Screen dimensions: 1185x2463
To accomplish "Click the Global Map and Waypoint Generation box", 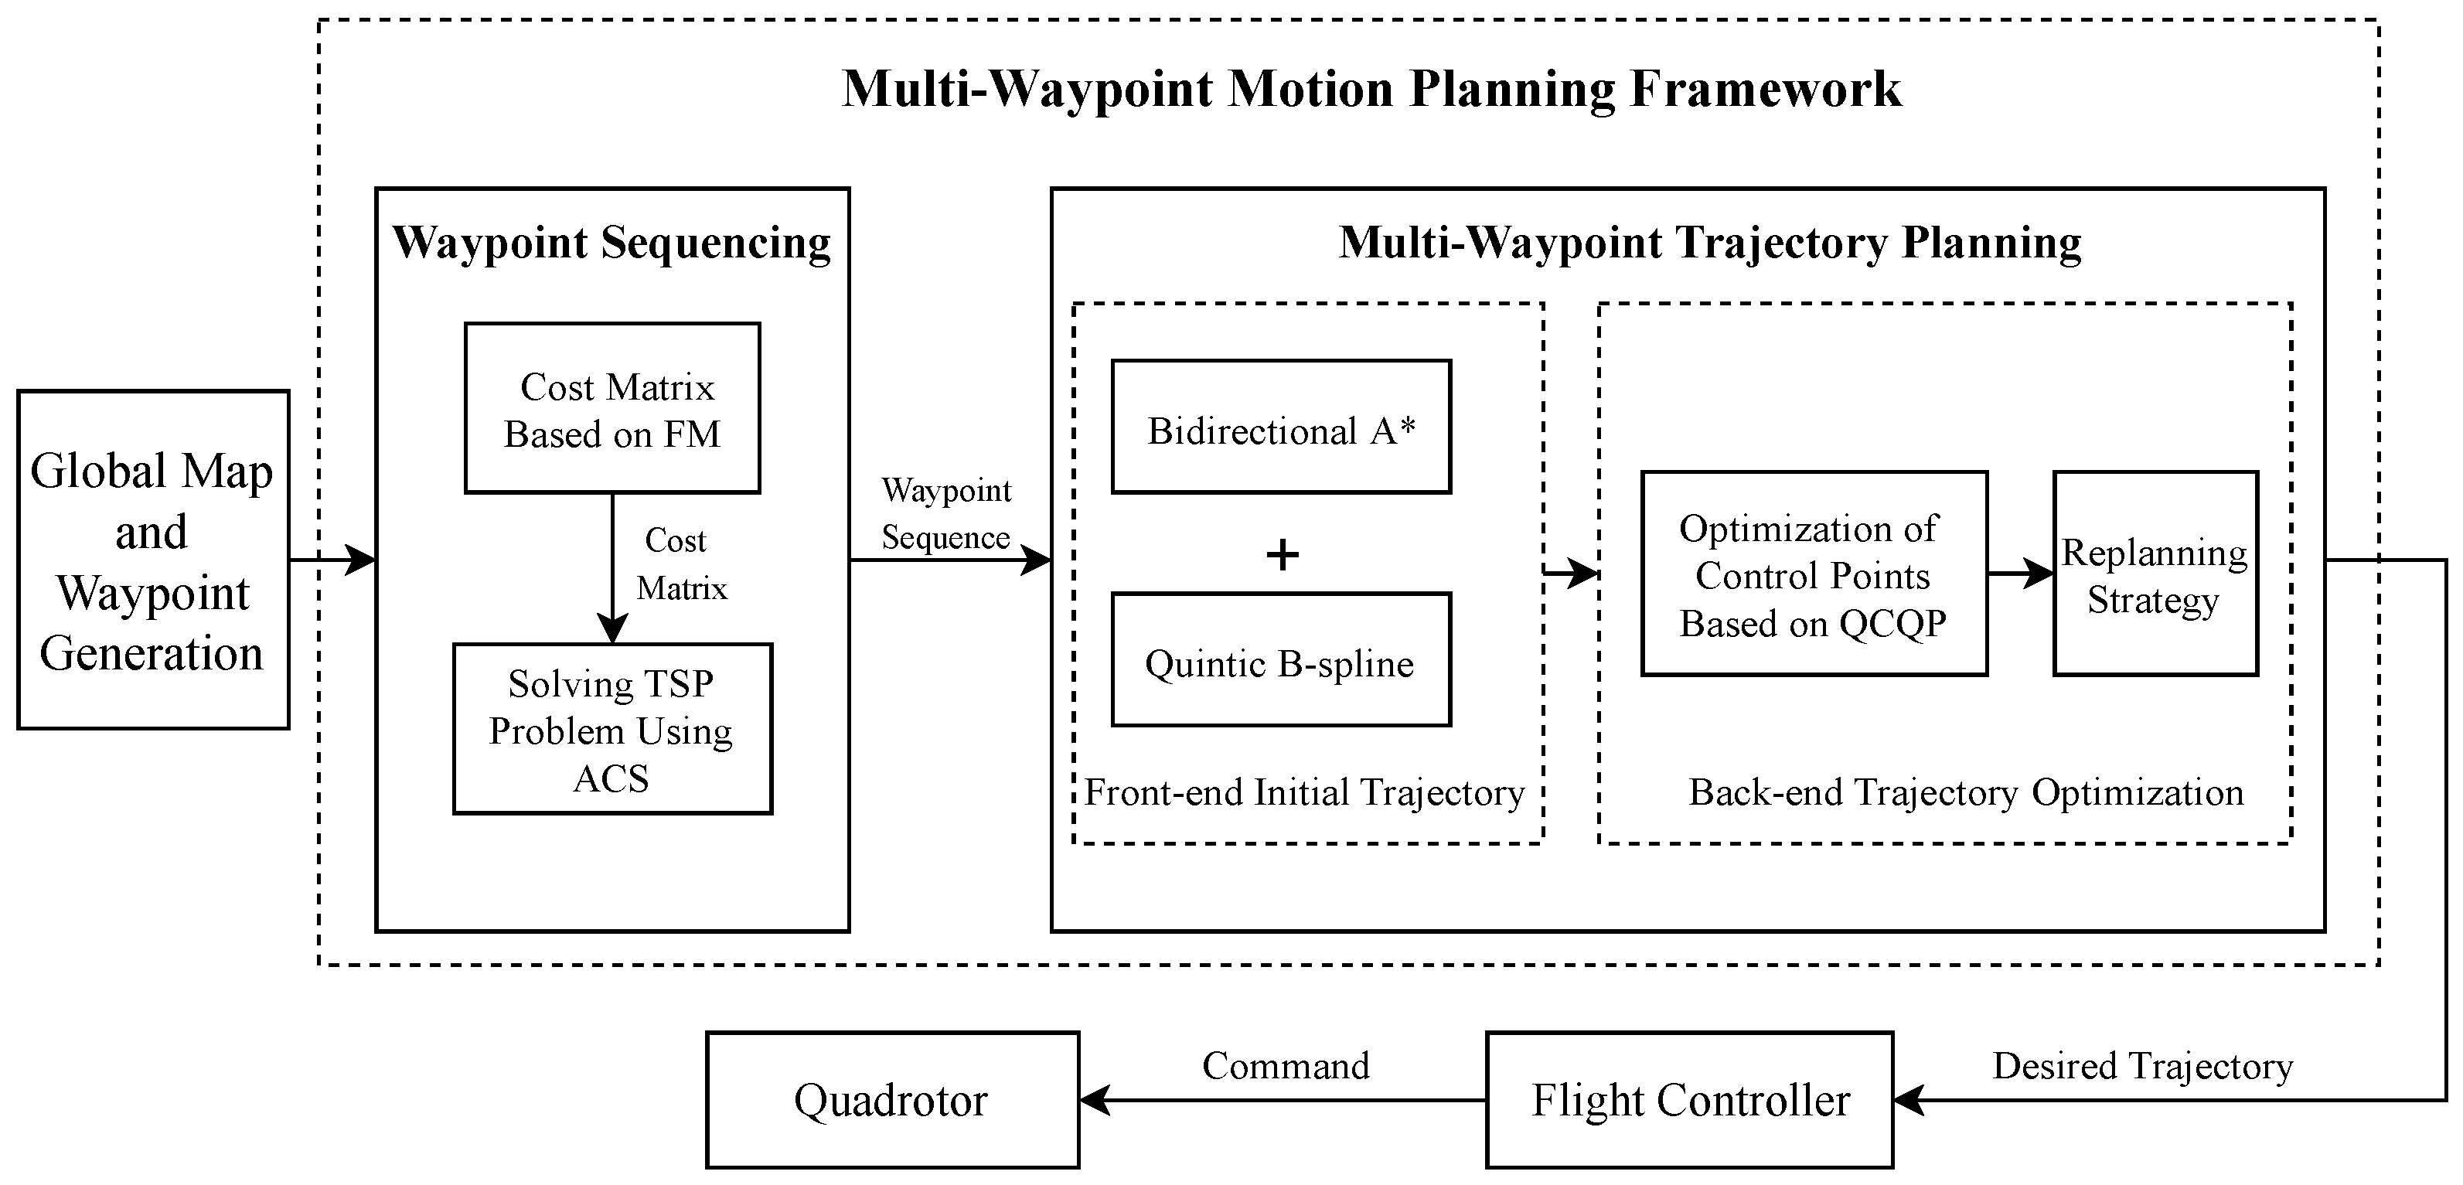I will pos(153,560).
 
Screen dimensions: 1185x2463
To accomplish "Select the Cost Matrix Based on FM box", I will pos(612,408).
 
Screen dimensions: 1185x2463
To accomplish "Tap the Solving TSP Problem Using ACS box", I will pos(612,729).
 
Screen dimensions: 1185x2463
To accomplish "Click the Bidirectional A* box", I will pos(1280,427).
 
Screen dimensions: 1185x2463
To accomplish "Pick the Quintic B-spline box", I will pos(1280,660).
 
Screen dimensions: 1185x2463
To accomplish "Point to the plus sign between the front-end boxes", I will pos(1283,555).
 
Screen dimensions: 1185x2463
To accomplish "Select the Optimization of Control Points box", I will pos(1813,574).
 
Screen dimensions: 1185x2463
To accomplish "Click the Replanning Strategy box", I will pos(2155,574).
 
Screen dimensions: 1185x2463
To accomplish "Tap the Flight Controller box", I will pos(1689,1100).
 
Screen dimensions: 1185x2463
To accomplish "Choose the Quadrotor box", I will pos(892,1100).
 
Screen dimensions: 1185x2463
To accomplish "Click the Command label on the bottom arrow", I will pos(1285,1065).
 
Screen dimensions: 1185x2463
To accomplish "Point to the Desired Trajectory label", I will pos(2141,1065).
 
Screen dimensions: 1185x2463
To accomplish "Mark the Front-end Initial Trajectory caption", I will pos(1304,793).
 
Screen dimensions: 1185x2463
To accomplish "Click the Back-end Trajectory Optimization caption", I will pos(1966,793).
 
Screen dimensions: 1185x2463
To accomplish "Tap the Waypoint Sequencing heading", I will pos(612,242).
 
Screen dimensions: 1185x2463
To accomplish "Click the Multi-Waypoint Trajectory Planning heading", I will pos(1709,242).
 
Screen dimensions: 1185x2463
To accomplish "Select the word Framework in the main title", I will pos(1765,89).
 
